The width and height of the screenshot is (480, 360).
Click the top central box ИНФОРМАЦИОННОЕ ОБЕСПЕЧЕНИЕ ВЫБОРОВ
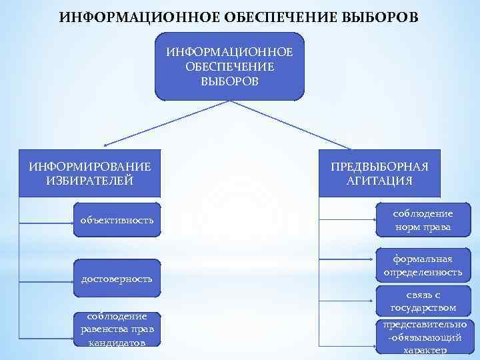tap(229, 67)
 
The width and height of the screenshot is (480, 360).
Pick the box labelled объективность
tap(117, 220)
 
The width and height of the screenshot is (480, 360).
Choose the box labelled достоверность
tap(117, 278)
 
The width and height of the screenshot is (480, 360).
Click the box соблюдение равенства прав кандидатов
tap(117, 329)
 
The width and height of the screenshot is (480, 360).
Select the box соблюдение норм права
tap(423, 220)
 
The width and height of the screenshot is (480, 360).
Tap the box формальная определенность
tap(423, 265)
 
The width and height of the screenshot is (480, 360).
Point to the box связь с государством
tap(423, 301)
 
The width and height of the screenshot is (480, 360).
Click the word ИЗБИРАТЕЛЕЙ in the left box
tap(90, 181)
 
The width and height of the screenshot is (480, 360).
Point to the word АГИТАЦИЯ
tap(379, 181)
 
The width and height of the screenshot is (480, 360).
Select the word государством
tap(423, 307)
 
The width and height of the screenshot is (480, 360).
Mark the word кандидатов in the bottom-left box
tap(117, 342)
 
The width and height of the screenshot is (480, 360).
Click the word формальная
tap(423, 259)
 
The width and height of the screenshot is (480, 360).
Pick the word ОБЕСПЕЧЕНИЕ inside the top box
tap(229, 67)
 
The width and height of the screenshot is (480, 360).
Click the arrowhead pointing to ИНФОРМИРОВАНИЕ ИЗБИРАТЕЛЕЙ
tap(105, 145)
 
